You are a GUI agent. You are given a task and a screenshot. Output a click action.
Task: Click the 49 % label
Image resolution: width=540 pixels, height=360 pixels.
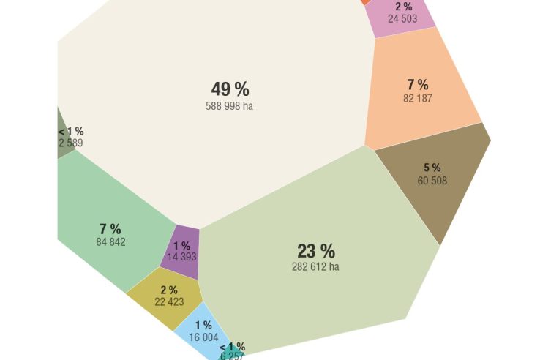(x=230, y=90)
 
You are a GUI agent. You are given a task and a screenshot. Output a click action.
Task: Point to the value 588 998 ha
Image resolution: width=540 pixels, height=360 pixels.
(x=230, y=106)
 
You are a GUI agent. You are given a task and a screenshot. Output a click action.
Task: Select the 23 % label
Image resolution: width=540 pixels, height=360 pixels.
(x=315, y=251)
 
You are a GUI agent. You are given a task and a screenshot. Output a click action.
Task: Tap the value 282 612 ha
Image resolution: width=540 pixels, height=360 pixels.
(x=315, y=267)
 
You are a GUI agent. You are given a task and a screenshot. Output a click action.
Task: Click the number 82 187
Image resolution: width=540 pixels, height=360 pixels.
(x=417, y=99)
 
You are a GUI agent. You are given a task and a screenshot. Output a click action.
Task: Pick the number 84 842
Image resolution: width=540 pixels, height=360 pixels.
(x=110, y=242)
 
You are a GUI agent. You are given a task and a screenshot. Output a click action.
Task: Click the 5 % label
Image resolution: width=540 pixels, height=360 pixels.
(x=432, y=168)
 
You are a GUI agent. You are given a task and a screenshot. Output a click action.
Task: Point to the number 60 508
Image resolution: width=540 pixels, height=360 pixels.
(x=432, y=181)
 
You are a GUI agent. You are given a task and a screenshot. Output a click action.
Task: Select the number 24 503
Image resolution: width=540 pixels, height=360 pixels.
(x=402, y=19)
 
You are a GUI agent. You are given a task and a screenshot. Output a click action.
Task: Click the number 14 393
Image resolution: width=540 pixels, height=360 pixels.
(x=182, y=257)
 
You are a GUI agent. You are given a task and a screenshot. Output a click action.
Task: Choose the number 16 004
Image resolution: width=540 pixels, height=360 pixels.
(x=203, y=337)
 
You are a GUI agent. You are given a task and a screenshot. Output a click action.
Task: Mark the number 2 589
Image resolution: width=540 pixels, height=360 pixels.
(x=71, y=143)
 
